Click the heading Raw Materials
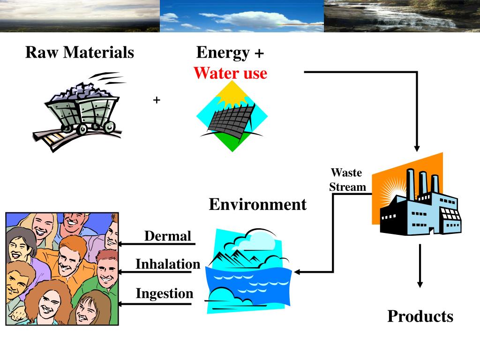pyautogui.click(x=80, y=52)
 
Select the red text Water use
pyautogui.click(x=230, y=73)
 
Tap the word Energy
pyautogui.click(x=223, y=52)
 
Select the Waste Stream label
pyautogui.click(x=347, y=180)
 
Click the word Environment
pyautogui.click(x=257, y=204)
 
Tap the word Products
pyautogui.click(x=420, y=316)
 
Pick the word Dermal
pyautogui.click(x=168, y=236)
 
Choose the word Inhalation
pyautogui.click(x=168, y=264)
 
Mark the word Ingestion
pyautogui.click(x=165, y=294)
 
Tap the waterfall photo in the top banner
pyautogui.click(x=402, y=16)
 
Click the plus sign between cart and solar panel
pyautogui.click(x=157, y=100)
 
